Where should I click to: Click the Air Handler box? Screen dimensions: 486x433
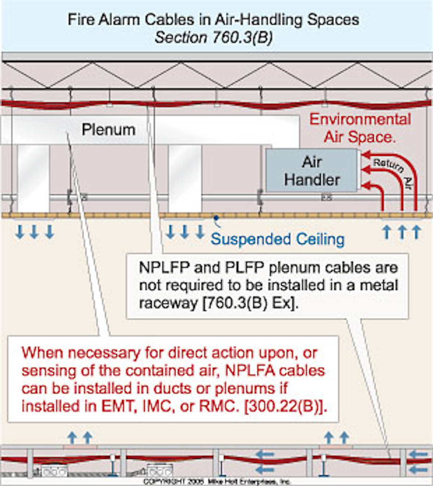(312, 171)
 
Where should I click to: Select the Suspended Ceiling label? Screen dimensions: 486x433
(277, 239)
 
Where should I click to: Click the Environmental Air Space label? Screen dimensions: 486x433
(360, 128)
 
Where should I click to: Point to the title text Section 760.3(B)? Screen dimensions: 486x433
(214, 38)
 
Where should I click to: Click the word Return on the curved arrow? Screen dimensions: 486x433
(388, 165)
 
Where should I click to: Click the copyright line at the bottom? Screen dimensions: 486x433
(216, 482)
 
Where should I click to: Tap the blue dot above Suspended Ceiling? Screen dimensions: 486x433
(216, 218)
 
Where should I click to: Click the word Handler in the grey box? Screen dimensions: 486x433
(312, 180)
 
